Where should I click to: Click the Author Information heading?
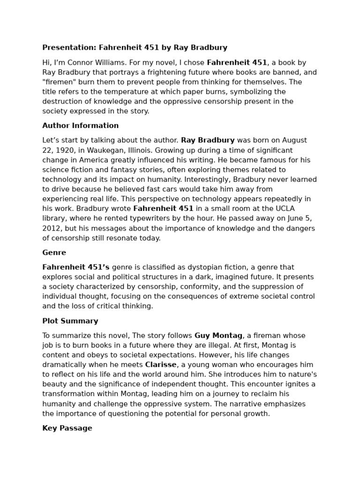tap(80, 126)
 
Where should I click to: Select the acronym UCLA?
tap(286, 209)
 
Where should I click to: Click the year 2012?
tap(51, 228)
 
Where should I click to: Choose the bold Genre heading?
tap(54, 253)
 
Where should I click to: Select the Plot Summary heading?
tap(70, 321)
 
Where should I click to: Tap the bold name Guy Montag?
tap(218, 336)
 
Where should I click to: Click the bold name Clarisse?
tap(161, 365)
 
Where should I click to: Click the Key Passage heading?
tap(67, 428)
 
